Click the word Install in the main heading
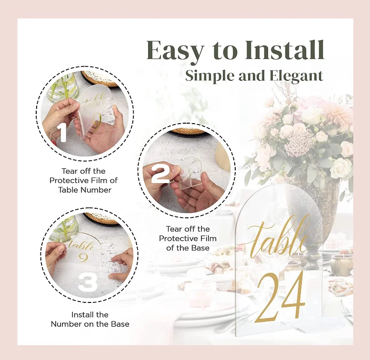[285, 50]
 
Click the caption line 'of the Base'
[188, 248]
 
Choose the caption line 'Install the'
[90, 314]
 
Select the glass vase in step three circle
[63, 227]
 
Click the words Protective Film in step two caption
[188, 238]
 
